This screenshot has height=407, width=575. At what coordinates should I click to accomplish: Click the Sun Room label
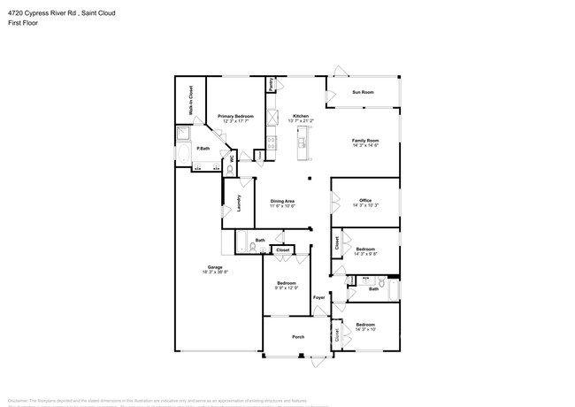coord(363,92)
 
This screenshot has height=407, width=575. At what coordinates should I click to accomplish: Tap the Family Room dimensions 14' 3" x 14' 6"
coord(365,145)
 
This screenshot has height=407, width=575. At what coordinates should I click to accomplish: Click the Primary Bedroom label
coord(236,116)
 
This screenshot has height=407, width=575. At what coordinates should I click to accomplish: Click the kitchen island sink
coord(301,142)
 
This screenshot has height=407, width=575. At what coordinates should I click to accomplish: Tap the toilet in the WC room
coord(229,168)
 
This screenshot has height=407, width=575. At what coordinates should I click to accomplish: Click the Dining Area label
coord(283,201)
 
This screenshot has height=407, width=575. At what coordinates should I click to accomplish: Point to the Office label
coord(365,200)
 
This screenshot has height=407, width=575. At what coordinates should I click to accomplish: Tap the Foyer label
coord(319,297)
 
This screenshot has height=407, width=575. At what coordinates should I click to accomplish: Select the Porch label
coord(298,336)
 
